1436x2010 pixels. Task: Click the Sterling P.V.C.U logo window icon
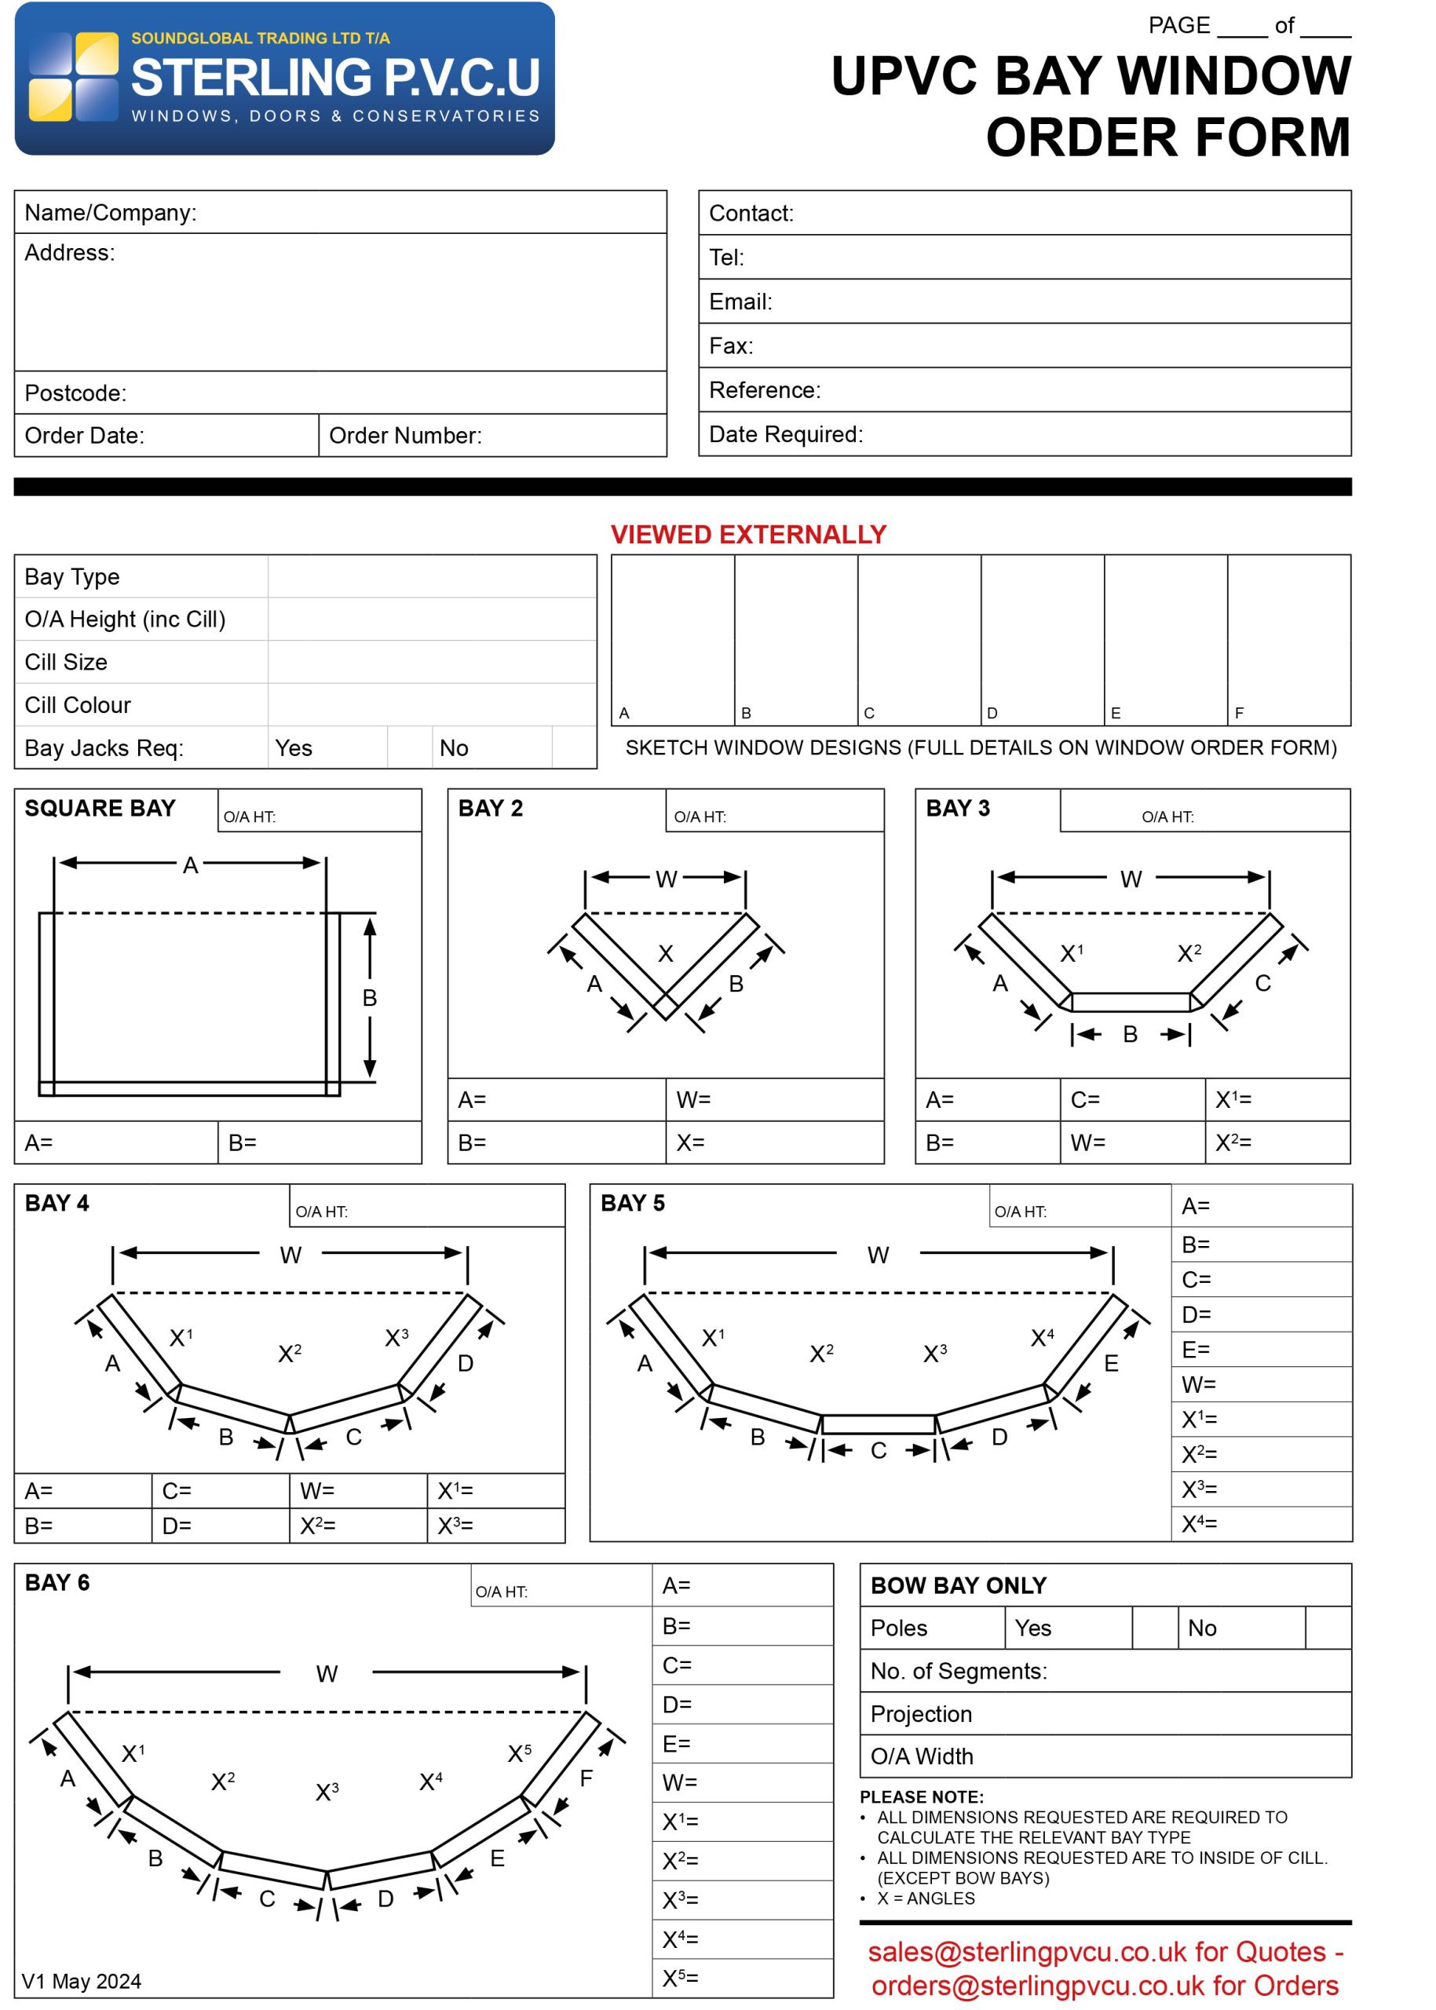click(73, 77)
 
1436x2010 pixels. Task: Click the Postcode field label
click(75, 393)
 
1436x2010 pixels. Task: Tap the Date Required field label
click(785, 434)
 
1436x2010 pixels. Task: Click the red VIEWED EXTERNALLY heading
click(748, 534)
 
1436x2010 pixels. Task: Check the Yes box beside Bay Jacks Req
click(408, 747)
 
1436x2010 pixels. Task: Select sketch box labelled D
click(1042, 639)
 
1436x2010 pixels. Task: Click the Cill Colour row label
click(78, 705)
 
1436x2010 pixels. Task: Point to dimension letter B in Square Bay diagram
click(370, 997)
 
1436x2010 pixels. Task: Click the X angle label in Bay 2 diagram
click(665, 953)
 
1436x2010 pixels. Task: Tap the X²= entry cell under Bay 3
click(1276, 1142)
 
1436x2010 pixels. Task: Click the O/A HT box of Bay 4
click(426, 1206)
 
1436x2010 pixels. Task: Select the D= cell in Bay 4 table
click(219, 1526)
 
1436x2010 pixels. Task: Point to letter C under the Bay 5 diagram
click(878, 1451)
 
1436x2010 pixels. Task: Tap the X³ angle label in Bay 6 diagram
click(327, 1793)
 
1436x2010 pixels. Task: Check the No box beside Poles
click(1327, 1628)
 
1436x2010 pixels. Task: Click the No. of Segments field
click(1105, 1671)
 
